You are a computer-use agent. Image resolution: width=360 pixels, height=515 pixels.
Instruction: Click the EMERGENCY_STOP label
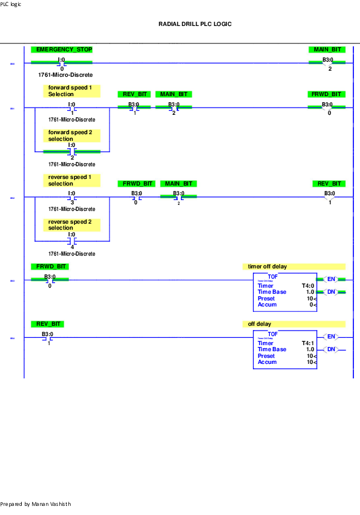pos(62,49)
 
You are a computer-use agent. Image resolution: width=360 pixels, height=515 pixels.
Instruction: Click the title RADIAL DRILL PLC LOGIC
pos(195,24)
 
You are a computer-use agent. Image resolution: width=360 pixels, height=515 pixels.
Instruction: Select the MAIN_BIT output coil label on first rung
pos(327,49)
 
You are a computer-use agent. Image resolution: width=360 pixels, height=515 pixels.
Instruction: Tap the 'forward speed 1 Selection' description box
pos(71,91)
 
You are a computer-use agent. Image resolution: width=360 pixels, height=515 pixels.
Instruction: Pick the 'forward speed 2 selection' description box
pos(71,135)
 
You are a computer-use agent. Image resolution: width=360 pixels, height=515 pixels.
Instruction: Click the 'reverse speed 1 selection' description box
pos(71,180)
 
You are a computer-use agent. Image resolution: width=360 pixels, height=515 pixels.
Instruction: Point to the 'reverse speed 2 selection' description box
pos(71,225)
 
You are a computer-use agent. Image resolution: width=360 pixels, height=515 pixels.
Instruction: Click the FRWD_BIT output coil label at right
pos(327,94)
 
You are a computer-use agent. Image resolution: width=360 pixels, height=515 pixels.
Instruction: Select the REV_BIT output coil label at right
pos(329,184)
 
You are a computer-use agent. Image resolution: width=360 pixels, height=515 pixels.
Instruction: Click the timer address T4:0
pos(308,286)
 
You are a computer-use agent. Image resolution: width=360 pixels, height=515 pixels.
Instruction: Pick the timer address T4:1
pos(308,343)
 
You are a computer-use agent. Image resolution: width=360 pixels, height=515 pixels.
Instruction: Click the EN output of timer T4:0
pos(331,279)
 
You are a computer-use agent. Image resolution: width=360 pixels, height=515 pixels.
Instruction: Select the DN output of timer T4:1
pos(331,349)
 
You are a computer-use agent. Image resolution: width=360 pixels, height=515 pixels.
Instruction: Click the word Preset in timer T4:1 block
pos(266,356)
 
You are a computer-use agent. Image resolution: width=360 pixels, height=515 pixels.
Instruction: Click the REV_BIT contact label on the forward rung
pos(133,94)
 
